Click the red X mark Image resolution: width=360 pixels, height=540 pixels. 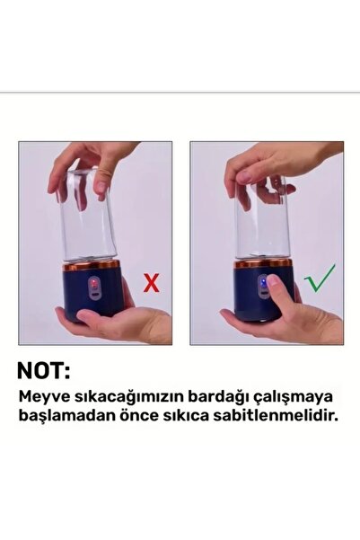(152, 284)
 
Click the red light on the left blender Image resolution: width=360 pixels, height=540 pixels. (89, 286)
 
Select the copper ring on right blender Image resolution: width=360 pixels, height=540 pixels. (263, 264)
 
